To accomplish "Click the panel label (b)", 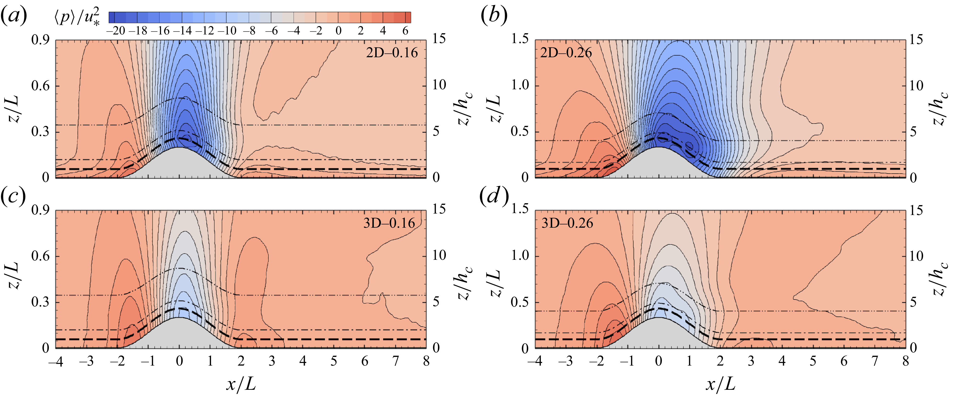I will (x=494, y=17).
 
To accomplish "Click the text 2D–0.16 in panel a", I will (x=392, y=53).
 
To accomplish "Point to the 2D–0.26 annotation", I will (x=566, y=53).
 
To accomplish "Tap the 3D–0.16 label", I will (x=389, y=223).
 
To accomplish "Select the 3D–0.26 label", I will (x=567, y=223).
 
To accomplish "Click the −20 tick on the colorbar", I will (x=116, y=31).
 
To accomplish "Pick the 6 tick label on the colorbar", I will (x=406, y=31).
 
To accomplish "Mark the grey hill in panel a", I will (x=180, y=165).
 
